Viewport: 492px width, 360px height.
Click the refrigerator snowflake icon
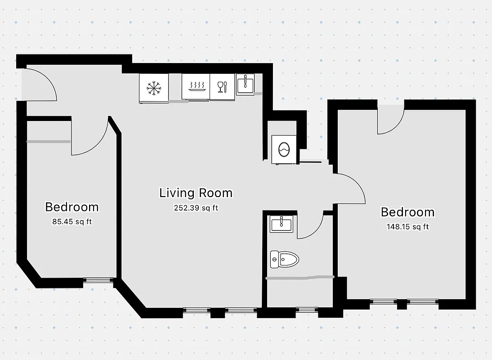tap(154, 88)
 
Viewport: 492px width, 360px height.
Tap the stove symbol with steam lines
tap(195, 86)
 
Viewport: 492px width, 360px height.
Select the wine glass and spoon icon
tap(222, 86)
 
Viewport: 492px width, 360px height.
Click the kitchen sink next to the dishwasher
tap(245, 84)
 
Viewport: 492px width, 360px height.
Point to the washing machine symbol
tap(284, 149)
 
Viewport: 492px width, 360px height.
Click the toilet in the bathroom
tap(284, 259)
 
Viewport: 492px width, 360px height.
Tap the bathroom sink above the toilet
tap(282, 224)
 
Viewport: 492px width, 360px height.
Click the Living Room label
tap(196, 193)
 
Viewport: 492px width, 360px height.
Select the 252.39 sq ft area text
tap(196, 208)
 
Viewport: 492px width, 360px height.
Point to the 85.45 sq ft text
tap(72, 221)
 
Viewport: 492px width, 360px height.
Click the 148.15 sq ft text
tap(407, 227)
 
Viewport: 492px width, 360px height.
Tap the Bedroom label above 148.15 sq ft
tap(407, 212)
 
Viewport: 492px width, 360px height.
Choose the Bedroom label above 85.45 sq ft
tap(72, 207)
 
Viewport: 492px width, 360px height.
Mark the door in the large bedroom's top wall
tap(390, 119)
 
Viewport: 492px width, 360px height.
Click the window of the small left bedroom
tap(98, 280)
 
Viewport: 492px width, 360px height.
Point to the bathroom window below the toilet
tap(307, 309)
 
